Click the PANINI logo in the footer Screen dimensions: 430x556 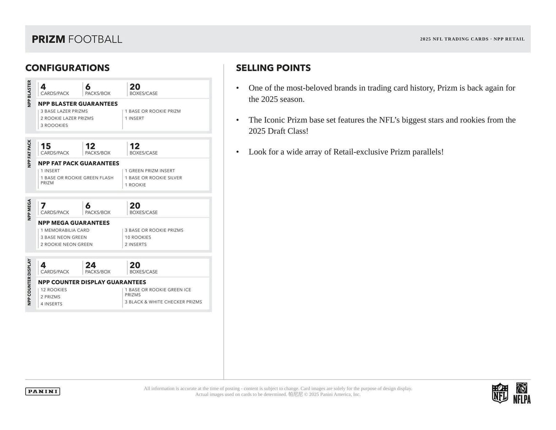coord(43,391)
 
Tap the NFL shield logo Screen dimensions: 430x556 coord(500,393)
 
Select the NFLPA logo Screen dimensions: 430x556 coord(522,393)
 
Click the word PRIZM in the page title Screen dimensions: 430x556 coord(49,39)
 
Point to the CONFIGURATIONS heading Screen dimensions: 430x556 coord(67,68)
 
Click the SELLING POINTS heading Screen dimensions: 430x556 coord(273,68)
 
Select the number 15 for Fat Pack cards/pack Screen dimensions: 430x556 coord(45,146)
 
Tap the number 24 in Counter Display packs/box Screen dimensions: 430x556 coord(90,265)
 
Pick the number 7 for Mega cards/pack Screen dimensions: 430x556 coord(43,206)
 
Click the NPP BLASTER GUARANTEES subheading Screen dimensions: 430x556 coord(78,104)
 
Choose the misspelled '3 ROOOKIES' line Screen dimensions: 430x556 coord(54,126)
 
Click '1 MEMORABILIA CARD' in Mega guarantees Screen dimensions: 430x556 coord(65,231)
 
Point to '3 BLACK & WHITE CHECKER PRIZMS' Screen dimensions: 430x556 coord(164,302)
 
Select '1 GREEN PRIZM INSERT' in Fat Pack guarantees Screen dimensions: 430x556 coord(150,171)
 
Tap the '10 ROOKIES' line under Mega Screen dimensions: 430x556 coord(138,237)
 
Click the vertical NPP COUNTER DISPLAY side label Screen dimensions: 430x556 coord(29,282)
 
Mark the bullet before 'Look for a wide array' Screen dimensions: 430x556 coord(238,152)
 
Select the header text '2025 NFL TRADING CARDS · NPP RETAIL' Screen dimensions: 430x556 coord(472,39)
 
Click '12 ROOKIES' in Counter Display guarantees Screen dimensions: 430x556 coord(54,290)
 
